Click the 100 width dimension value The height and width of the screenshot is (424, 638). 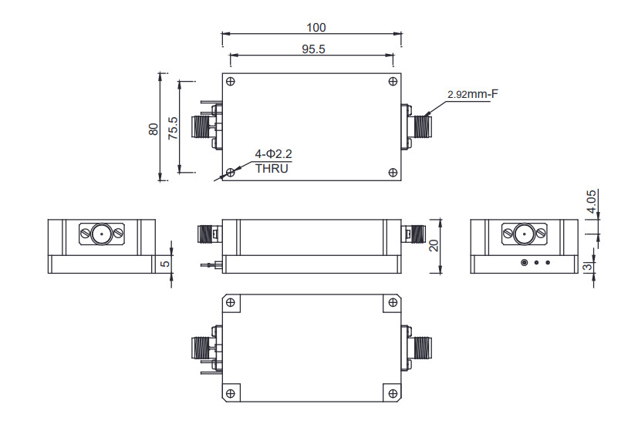click(x=316, y=28)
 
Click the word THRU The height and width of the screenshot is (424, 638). click(x=271, y=168)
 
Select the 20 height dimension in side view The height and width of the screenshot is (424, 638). click(x=434, y=246)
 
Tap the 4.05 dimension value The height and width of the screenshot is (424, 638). click(x=592, y=201)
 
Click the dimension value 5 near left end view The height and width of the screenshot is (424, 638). click(x=165, y=264)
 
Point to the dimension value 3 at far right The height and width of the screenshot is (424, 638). click(x=589, y=268)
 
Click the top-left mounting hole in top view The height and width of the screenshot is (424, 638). click(x=231, y=82)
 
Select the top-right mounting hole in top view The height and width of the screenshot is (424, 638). click(x=393, y=82)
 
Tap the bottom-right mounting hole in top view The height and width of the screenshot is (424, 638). click(x=393, y=172)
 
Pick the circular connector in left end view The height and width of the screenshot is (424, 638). click(x=100, y=233)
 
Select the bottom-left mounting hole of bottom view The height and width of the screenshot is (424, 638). click(x=229, y=393)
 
